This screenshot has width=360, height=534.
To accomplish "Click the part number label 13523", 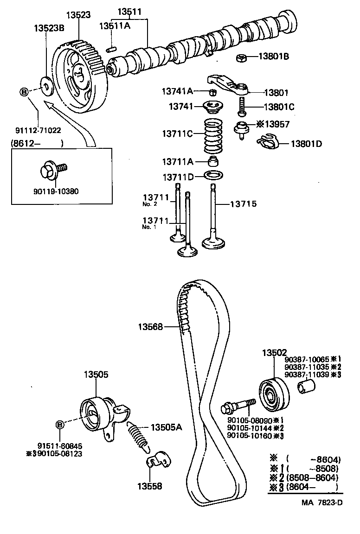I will click(x=78, y=15).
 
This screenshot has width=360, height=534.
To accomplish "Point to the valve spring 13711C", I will click(x=213, y=137).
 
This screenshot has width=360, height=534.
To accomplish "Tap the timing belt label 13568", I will click(x=150, y=327).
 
